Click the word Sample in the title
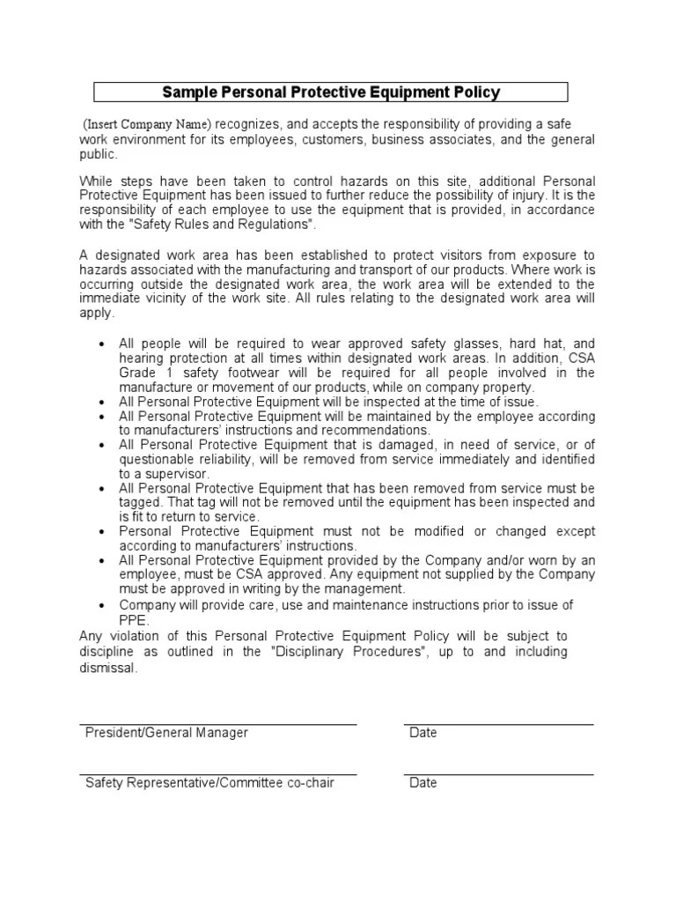(x=186, y=92)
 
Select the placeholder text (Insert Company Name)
(x=147, y=123)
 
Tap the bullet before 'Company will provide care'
(x=104, y=605)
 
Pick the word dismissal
(x=108, y=668)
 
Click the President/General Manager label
(x=166, y=733)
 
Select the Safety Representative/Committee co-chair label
(x=209, y=783)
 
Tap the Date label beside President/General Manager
(x=423, y=733)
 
